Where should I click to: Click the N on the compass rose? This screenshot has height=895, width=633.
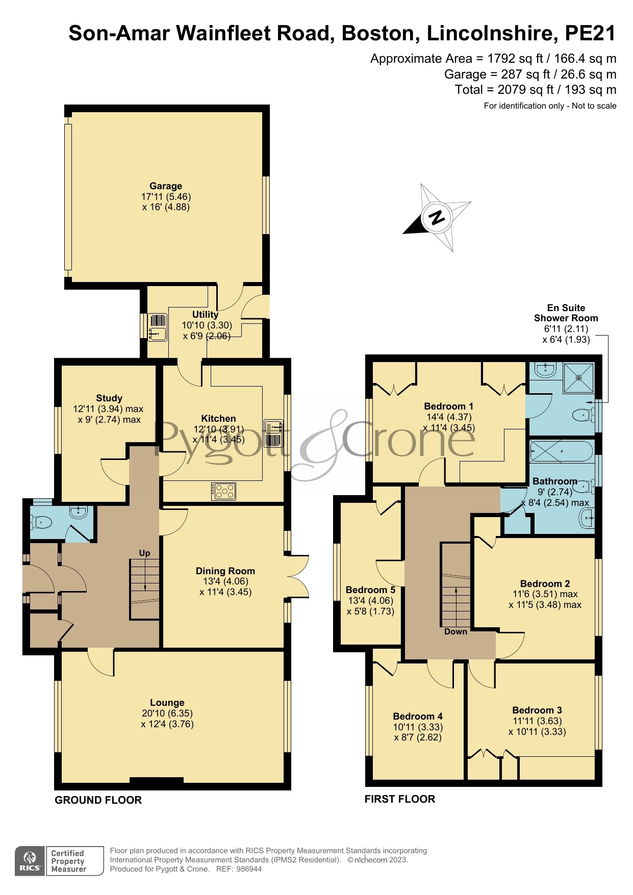tap(437, 218)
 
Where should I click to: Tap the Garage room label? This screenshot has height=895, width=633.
tap(166, 186)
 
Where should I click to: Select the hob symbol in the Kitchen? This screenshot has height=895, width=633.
tap(224, 491)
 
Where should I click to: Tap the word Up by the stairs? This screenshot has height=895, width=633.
tap(144, 553)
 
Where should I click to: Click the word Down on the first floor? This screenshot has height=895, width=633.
tap(455, 631)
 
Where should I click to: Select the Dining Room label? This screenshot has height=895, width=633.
tap(225, 571)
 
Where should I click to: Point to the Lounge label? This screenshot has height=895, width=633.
tap(167, 703)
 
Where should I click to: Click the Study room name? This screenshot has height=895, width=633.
tap(109, 398)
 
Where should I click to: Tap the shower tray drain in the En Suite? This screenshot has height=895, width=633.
tap(578, 378)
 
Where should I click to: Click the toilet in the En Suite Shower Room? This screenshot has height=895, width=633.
tap(583, 416)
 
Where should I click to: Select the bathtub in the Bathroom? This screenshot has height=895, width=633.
tap(561, 451)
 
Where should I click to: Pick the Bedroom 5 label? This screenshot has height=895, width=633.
tap(370, 590)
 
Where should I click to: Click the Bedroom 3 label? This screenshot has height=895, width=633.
tap(537, 710)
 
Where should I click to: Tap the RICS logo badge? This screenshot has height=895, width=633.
tap(30, 861)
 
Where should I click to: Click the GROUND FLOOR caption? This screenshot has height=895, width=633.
tap(98, 800)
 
